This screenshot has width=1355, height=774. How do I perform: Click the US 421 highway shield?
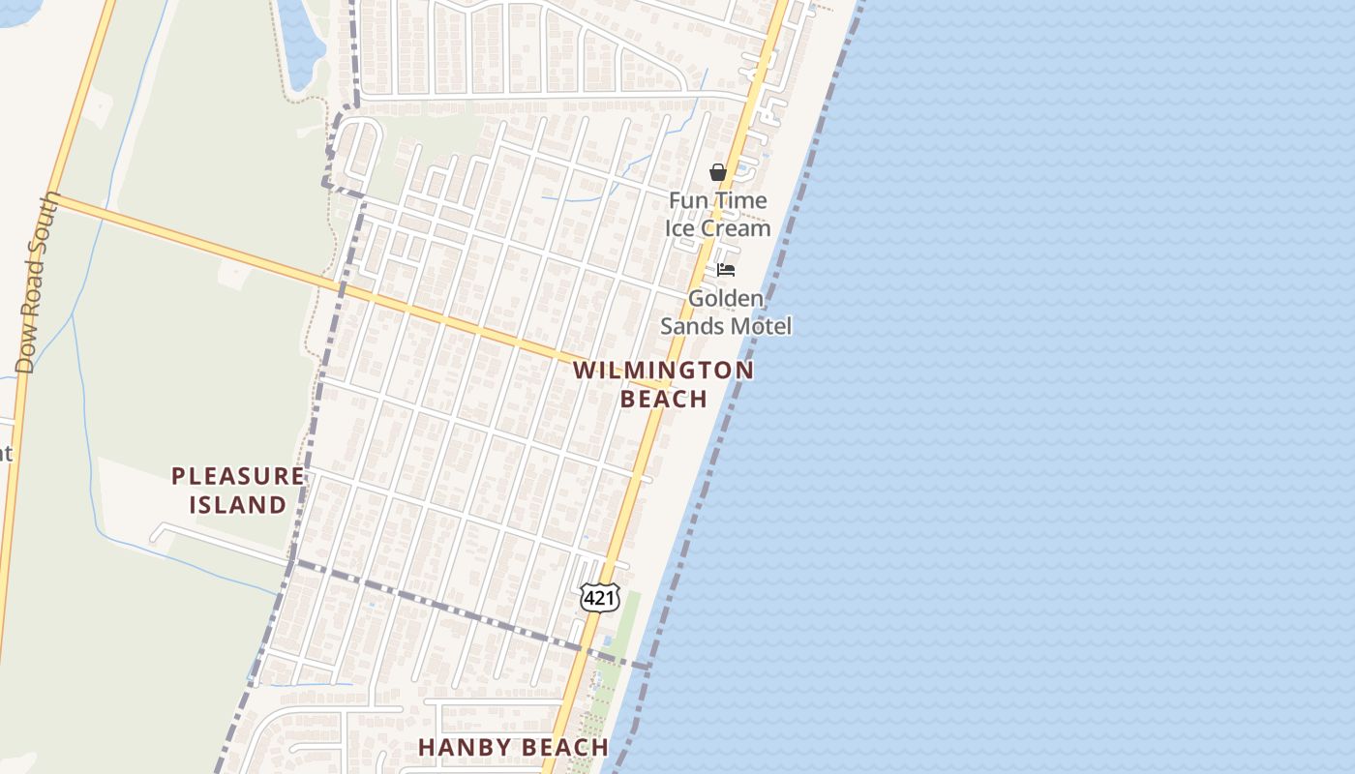[599, 598]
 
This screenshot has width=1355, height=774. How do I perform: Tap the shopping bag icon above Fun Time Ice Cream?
[717, 172]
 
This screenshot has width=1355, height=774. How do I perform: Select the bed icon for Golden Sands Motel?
[726, 270]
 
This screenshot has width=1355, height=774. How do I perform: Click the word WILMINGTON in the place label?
[663, 371]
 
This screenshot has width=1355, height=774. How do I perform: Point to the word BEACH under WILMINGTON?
[663, 399]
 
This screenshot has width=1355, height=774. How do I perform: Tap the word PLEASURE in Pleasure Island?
[237, 476]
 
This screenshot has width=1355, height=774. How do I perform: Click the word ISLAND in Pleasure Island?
[237, 505]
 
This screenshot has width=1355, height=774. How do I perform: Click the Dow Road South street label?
[38, 283]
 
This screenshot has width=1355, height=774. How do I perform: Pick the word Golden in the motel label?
[726, 298]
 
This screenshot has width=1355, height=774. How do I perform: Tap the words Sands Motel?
[726, 326]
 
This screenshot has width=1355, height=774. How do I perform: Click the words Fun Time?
[718, 201]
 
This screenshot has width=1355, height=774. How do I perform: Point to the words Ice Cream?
[718, 228]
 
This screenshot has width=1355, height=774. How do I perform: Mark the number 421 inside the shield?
[599, 599]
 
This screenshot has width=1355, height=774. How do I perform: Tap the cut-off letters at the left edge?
[5, 452]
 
